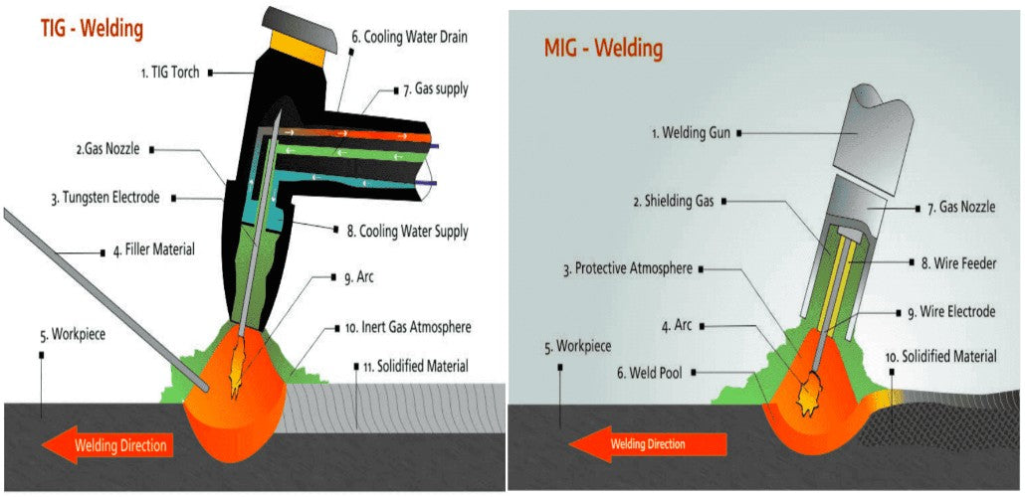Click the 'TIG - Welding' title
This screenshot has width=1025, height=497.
coord(92,29)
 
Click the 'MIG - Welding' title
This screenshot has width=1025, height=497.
coord(603,47)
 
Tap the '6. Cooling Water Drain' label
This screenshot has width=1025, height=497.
coord(408,37)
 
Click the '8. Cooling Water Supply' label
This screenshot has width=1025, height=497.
coord(408,232)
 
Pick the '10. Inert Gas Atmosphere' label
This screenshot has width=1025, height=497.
coord(408,326)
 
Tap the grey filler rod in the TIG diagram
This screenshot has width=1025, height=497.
coord(100,298)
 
